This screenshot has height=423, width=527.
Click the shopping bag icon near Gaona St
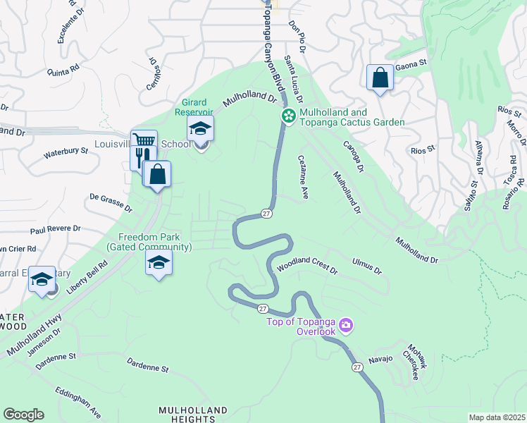pyautogui.click(x=380, y=78)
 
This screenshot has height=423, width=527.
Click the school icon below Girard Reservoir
pyautogui.click(x=200, y=129)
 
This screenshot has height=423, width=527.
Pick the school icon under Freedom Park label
pyautogui.click(x=159, y=264)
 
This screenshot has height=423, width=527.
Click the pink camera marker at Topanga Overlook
pyautogui.click(x=346, y=325)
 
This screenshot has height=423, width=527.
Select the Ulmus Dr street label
pyautogui.click(x=366, y=266)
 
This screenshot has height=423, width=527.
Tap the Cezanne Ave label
pyautogui.click(x=304, y=176)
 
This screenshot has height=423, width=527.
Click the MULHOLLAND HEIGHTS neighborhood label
pyautogui.click(x=193, y=415)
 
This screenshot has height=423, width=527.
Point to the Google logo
pyautogui.click(x=23, y=415)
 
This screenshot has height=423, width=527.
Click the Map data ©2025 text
pyautogui.click(x=497, y=417)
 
